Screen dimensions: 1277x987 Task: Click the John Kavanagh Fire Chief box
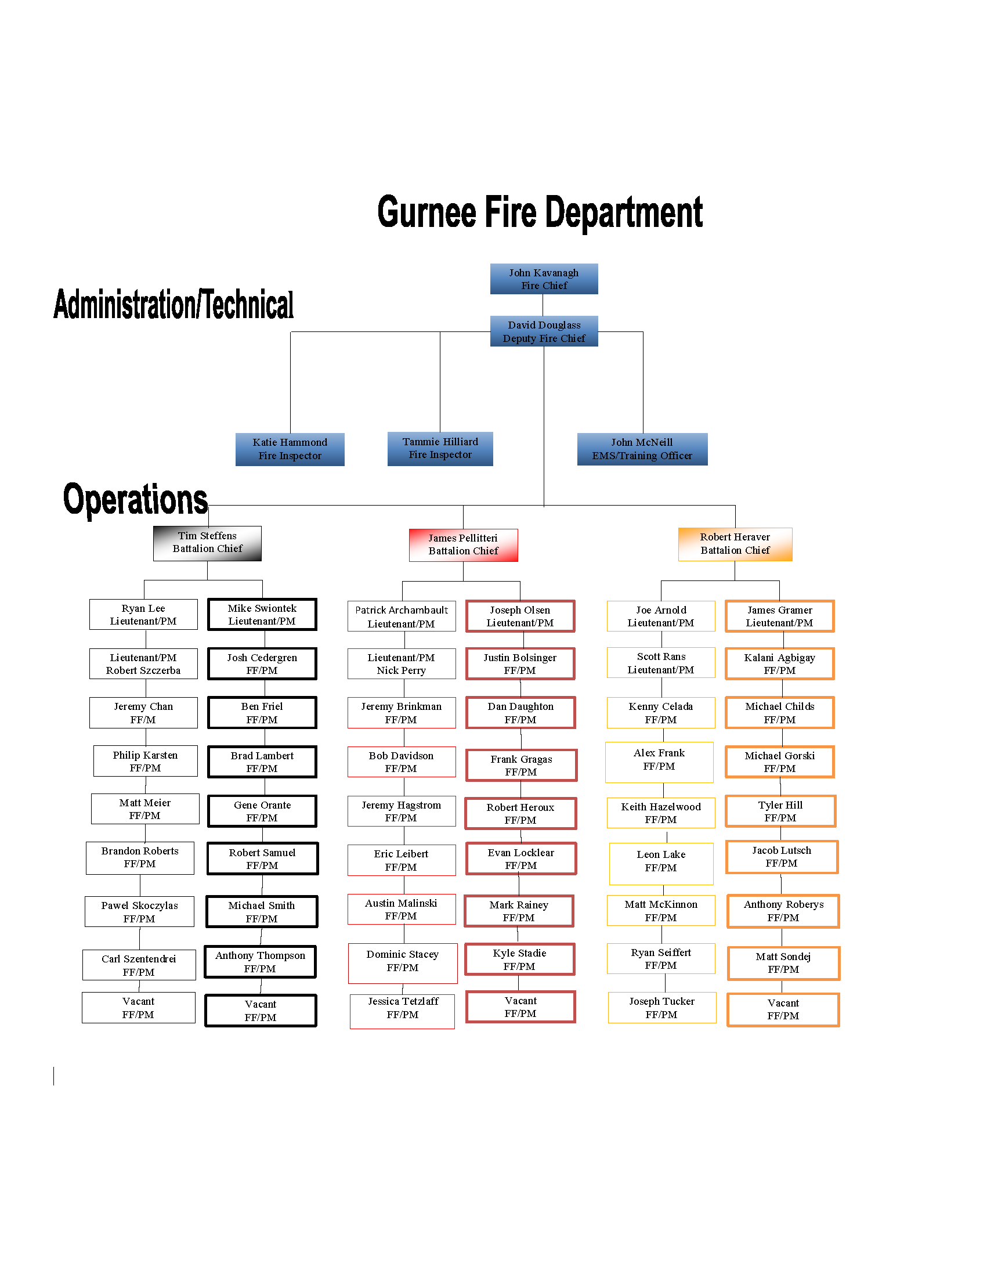coord(544,279)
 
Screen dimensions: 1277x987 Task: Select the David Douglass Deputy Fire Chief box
coord(544,331)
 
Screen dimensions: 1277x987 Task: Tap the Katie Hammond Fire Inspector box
coord(290,449)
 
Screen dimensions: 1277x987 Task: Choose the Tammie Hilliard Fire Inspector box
coord(440,449)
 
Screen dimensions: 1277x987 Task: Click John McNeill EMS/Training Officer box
coord(642,449)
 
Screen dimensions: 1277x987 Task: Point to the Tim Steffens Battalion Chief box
coord(207,543)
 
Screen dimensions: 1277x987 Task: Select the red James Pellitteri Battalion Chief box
coord(463,545)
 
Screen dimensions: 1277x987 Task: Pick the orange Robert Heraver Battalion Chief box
coord(735,544)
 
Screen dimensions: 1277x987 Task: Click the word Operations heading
coord(135,500)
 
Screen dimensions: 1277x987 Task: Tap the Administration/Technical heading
coord(173,305)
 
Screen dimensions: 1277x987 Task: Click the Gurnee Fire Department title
coord(540,212)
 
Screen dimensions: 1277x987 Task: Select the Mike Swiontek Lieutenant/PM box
coord(262,615)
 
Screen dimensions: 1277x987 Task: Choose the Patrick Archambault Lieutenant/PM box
coord(402,617)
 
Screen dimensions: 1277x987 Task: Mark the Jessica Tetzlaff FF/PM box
coord(402,1011)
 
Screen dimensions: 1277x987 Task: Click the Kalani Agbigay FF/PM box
coord(779,663)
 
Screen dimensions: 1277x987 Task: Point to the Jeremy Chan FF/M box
coord(143,713)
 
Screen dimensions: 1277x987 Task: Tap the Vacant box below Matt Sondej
coord(783,1010)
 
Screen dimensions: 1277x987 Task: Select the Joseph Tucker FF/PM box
coord(661,1008)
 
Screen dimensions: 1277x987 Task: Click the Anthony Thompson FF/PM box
coord(260,962)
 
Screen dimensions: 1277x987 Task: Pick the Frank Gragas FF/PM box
coord(520,766)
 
